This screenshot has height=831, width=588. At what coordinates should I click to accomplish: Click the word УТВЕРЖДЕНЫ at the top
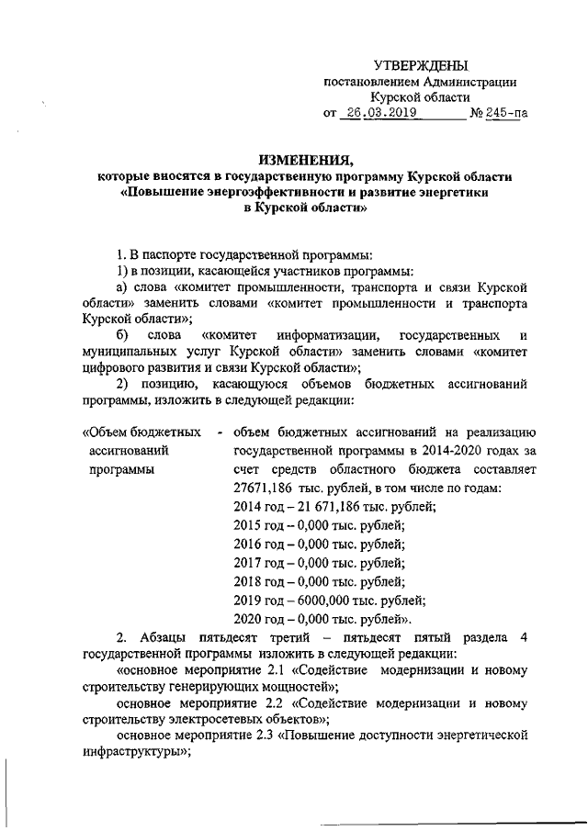421,64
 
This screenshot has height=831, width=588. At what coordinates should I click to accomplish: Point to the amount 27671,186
266,488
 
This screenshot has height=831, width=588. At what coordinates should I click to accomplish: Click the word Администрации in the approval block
468,82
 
